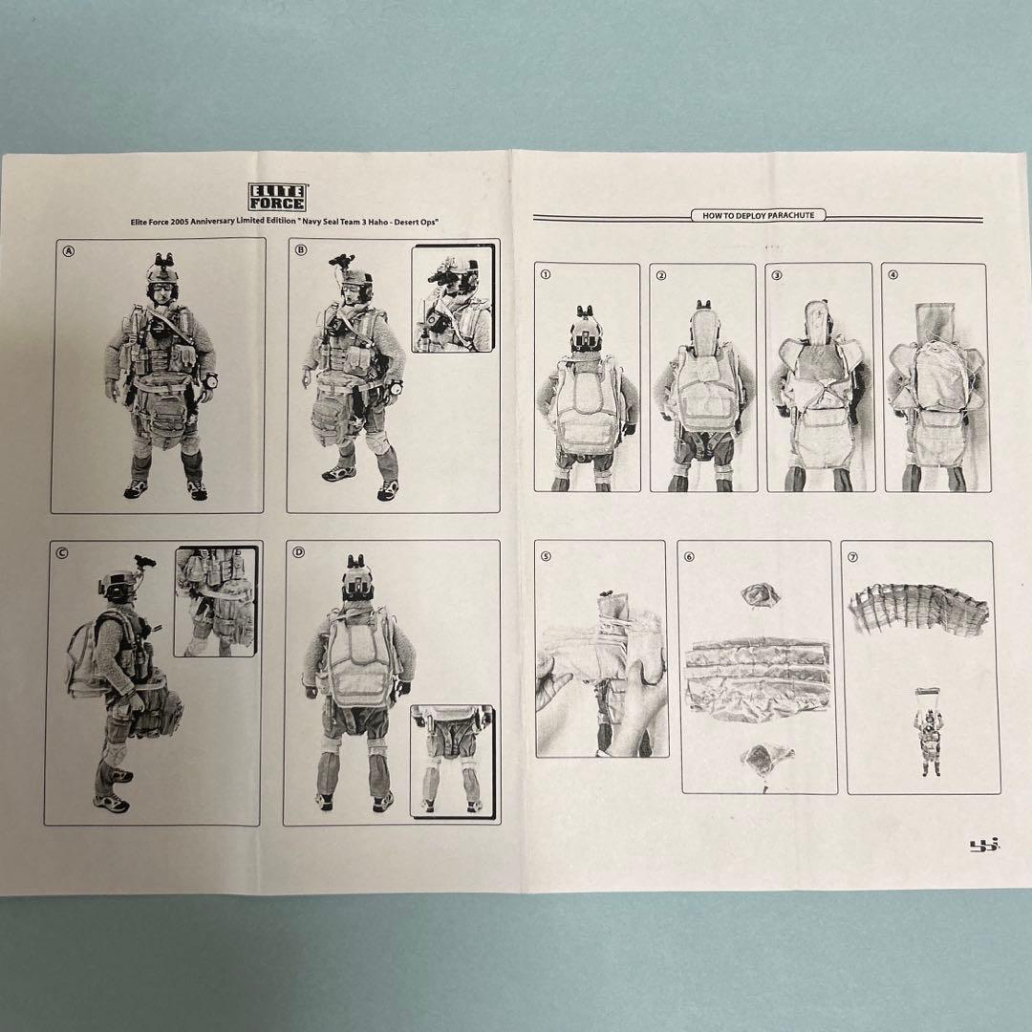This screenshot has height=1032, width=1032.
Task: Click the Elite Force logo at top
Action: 276,197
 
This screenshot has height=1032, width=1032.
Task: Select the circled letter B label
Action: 301,250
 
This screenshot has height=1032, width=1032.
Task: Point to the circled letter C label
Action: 61,552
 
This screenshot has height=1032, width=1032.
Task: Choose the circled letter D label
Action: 298,551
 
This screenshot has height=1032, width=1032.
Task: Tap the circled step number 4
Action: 892,275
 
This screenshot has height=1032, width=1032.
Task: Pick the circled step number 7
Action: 853,556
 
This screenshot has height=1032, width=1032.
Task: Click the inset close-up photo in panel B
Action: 453,298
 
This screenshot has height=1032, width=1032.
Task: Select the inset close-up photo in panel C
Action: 215,601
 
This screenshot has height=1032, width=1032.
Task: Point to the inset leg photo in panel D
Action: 451,760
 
